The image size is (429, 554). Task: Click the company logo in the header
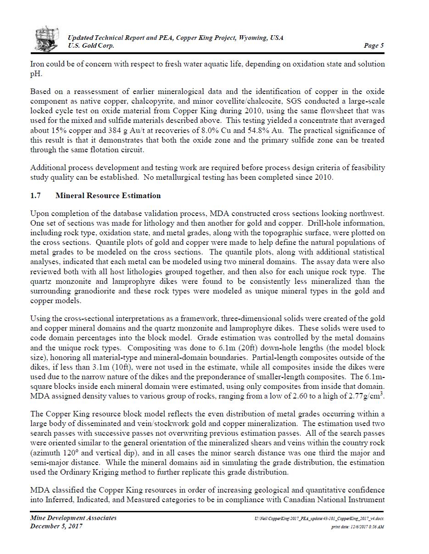click(x=47, y=39)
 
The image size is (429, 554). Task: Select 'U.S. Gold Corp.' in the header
click(x=91, y=45)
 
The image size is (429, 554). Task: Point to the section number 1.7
click(x=35, y=195)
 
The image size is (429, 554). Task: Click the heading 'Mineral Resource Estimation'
click(x=108, y=195)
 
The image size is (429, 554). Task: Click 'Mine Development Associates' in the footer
click(x=73, y=518)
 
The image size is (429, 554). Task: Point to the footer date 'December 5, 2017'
click(x=56, y=526)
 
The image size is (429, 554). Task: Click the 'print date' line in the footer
click(x=357, y=527)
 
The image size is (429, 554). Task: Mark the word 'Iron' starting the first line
click(x=38, y=64)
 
